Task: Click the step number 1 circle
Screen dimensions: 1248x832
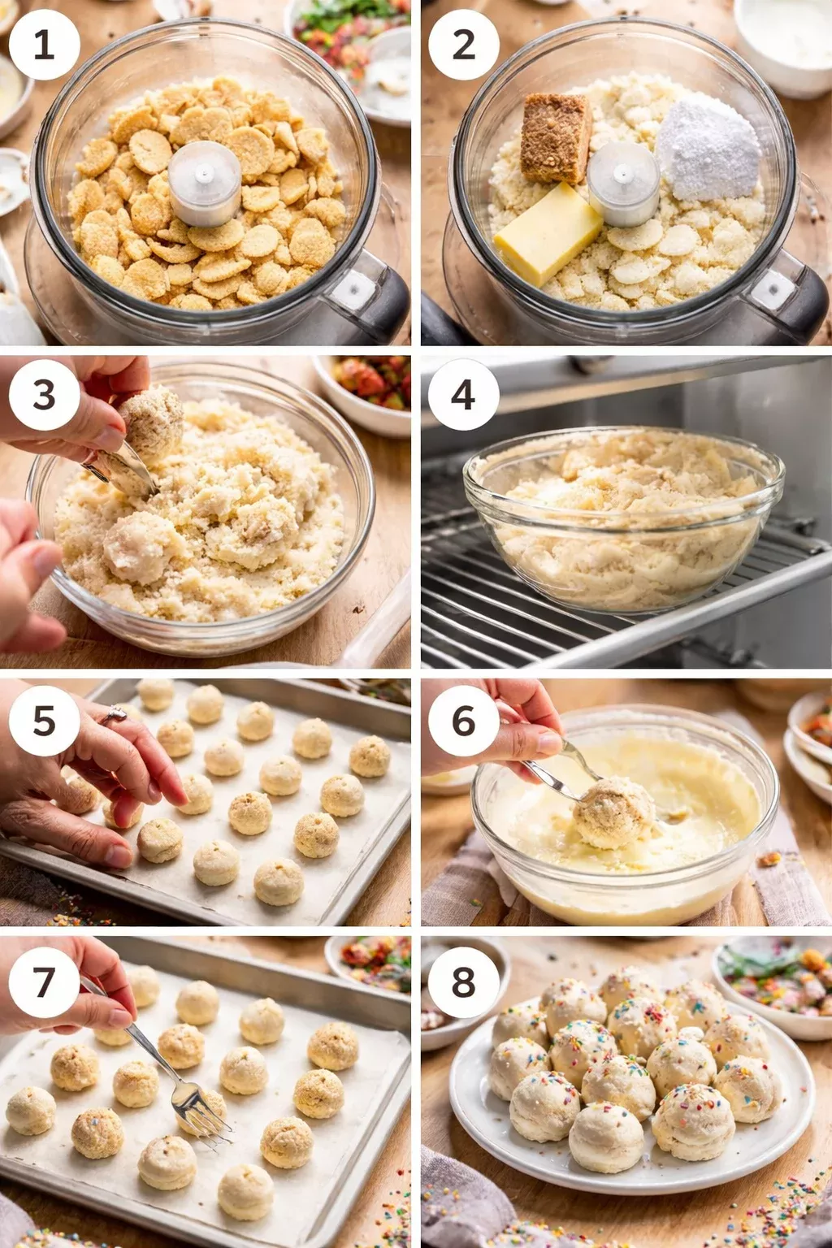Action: [x=44, y=44]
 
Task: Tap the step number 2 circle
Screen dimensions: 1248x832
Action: [x=463, y=44]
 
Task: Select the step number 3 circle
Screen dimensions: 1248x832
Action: [x=44, y=395]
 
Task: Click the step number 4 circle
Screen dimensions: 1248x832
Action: [x=463, y=395]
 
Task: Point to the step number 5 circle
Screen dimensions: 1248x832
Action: [x=44, y=721]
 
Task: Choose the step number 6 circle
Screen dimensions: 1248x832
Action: [x=463, y=721]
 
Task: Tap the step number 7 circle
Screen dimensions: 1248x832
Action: [x=44, y=981]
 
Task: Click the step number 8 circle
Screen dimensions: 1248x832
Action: [x=463, y=981]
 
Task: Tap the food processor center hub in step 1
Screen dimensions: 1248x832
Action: [x=204, y=183]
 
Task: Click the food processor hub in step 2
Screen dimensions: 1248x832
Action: [x=623, y=183]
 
